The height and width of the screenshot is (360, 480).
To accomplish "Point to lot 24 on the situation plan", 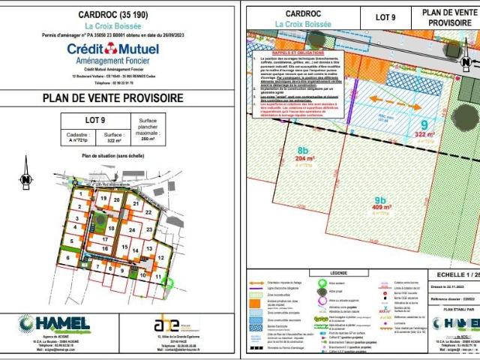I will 131,229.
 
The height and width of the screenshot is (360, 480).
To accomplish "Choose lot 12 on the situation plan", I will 160,257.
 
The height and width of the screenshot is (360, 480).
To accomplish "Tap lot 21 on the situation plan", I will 136,203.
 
